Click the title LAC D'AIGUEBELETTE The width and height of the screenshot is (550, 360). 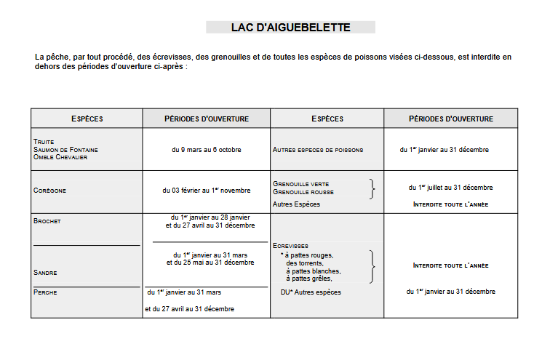click(290, 28)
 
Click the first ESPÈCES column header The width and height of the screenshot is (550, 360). click(87, 119)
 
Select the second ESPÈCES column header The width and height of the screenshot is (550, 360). click(327, 119)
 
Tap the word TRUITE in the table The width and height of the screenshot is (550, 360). click(44, 141)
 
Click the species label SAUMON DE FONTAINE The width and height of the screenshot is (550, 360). click(65, 149)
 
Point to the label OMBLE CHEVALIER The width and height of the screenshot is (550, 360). click(60, 157)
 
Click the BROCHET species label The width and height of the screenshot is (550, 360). click(47, 220)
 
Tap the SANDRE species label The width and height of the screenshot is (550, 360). click(45, 273)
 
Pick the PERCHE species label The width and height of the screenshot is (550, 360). click(45, 292)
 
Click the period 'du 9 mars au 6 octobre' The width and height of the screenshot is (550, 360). click(206, 149)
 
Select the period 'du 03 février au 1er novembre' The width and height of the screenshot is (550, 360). click(206, 191)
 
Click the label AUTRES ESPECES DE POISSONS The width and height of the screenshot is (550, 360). click(318, 150)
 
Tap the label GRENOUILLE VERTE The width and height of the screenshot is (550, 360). click(301, 184)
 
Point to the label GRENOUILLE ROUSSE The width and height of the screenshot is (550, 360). click(303, 192)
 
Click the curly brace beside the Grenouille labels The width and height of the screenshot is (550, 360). click(373, 188)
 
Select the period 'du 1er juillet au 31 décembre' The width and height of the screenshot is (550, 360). click(450, 187)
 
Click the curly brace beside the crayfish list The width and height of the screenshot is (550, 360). click(373, 266)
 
